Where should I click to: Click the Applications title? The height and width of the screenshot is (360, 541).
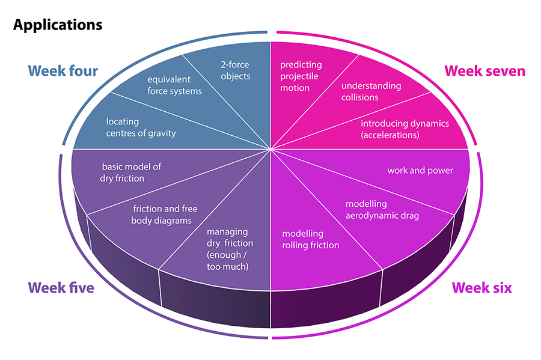pos(58,25)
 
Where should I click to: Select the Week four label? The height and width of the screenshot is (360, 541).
pos(63,70)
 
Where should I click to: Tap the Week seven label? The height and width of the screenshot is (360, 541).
pos(484,71)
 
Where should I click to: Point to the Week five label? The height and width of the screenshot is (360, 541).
pos(60,288)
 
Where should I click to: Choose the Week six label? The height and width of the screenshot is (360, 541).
pos(482,288)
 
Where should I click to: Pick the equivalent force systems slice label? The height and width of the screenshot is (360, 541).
pos(174,85)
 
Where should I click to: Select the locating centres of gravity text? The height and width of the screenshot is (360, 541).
pos(141,127)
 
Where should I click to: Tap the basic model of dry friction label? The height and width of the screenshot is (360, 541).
pos(131,172)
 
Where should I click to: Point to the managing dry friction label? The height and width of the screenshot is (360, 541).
pos(230,248)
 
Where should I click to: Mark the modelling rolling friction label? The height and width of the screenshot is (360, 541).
pos(311,239)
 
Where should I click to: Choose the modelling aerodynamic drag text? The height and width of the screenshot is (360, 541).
pos(382,210)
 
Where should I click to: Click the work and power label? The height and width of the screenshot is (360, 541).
pos(420,171)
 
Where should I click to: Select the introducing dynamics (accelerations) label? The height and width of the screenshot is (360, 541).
pos(405,129)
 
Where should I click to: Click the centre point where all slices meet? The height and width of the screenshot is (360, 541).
pos(270,149)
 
